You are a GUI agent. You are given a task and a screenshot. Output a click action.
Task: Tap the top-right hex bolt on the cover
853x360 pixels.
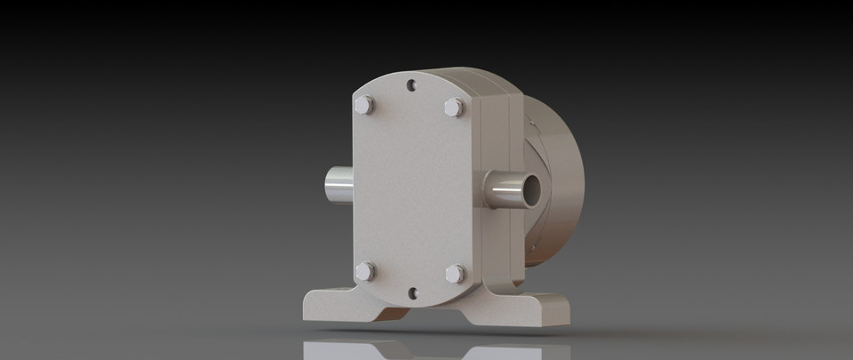(x=453, y=108)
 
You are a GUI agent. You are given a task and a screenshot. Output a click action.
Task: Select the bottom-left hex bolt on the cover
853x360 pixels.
(x=364, y=271)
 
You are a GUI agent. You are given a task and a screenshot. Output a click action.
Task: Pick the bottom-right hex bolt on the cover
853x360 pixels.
(x=455, y=273)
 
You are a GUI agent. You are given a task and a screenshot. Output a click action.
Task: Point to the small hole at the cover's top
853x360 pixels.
(x=411, y=85)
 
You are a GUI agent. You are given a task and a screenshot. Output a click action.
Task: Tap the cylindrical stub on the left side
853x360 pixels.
(x=339, y=186)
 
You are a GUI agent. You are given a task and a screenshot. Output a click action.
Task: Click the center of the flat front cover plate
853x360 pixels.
(x=411, y=188)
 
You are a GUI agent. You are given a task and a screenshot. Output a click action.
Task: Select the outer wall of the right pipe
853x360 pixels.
(x=502, y=190)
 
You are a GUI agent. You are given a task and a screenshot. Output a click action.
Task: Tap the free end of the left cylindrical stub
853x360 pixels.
(x=327, y=186)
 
